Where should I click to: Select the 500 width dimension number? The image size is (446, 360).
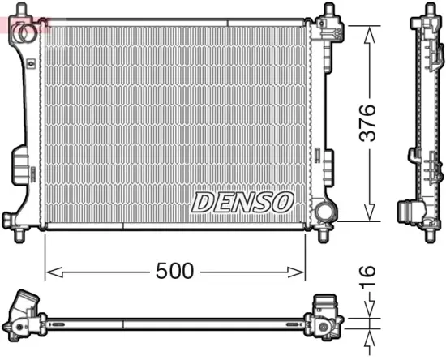pos(174,272)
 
